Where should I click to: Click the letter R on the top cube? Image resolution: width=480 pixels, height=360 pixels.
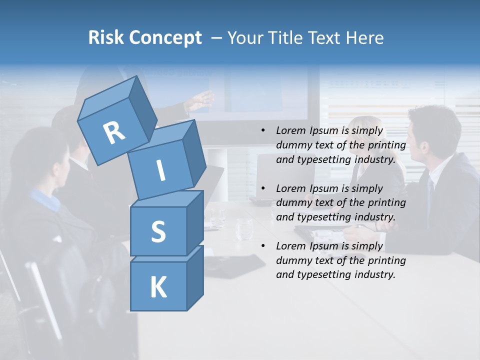tap(114, 132)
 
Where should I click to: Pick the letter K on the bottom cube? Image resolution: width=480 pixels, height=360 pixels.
tap(158, 287)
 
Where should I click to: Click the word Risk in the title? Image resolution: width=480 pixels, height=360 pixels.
tap(104, 37)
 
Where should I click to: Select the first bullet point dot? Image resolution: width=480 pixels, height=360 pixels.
tap(263, 130)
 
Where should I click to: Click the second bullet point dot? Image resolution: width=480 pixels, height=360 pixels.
tap(263, 188)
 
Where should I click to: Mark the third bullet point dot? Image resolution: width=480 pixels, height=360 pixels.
tap(263, 246)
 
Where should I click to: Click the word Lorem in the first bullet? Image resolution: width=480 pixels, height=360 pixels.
tap(289, 130)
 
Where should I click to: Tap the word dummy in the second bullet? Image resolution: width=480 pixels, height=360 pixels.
tap(292, 203)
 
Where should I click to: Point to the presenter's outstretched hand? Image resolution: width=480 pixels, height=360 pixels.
tap(202, 100)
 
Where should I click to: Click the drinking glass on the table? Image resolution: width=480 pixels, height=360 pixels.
tap(244, 229)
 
